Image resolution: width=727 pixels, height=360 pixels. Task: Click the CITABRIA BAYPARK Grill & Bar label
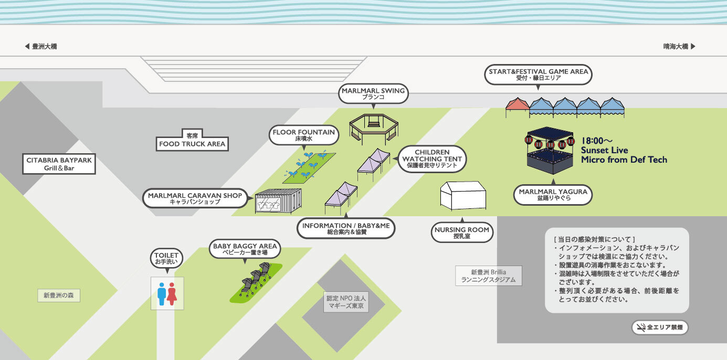[59, 164]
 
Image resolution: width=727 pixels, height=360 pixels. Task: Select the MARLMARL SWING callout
[373, 93]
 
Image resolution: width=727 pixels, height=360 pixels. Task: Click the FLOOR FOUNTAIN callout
[304, 135]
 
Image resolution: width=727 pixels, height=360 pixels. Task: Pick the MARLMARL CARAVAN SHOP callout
[195, 198]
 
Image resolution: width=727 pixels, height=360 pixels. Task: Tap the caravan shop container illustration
[278, 200]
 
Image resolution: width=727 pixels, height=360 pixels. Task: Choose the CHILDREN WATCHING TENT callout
[432, 158]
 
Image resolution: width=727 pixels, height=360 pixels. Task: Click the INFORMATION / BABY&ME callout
[346, 228]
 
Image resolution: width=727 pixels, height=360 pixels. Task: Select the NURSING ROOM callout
[462, 232]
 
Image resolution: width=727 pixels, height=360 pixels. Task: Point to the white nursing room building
[462, 196]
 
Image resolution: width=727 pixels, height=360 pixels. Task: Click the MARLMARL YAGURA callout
[553, 195]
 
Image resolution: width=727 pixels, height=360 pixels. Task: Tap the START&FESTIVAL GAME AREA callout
[538, 75]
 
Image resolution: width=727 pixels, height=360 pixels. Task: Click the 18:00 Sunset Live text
[623, 151]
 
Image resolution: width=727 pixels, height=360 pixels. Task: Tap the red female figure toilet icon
[172, 294]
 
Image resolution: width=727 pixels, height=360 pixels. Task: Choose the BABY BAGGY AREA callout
[245, 249]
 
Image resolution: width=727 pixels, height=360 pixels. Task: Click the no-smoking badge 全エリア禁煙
[659, 327]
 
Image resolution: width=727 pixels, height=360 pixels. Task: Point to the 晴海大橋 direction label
[679, 46]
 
